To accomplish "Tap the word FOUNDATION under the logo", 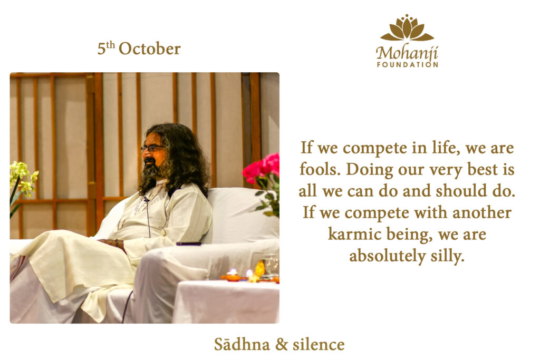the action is pos(408,65).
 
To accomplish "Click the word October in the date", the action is pos(149,49).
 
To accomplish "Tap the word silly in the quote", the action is pos(447,256).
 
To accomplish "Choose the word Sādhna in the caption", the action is pos(242,344).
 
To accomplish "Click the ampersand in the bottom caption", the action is pos(282,345).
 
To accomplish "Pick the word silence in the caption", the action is pos(319,344).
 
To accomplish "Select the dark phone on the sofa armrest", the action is pos(188,244).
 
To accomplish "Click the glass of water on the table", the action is pos(271,265).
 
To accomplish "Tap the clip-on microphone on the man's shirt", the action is pos(147,199).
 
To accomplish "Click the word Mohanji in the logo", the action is pos(407,53).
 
